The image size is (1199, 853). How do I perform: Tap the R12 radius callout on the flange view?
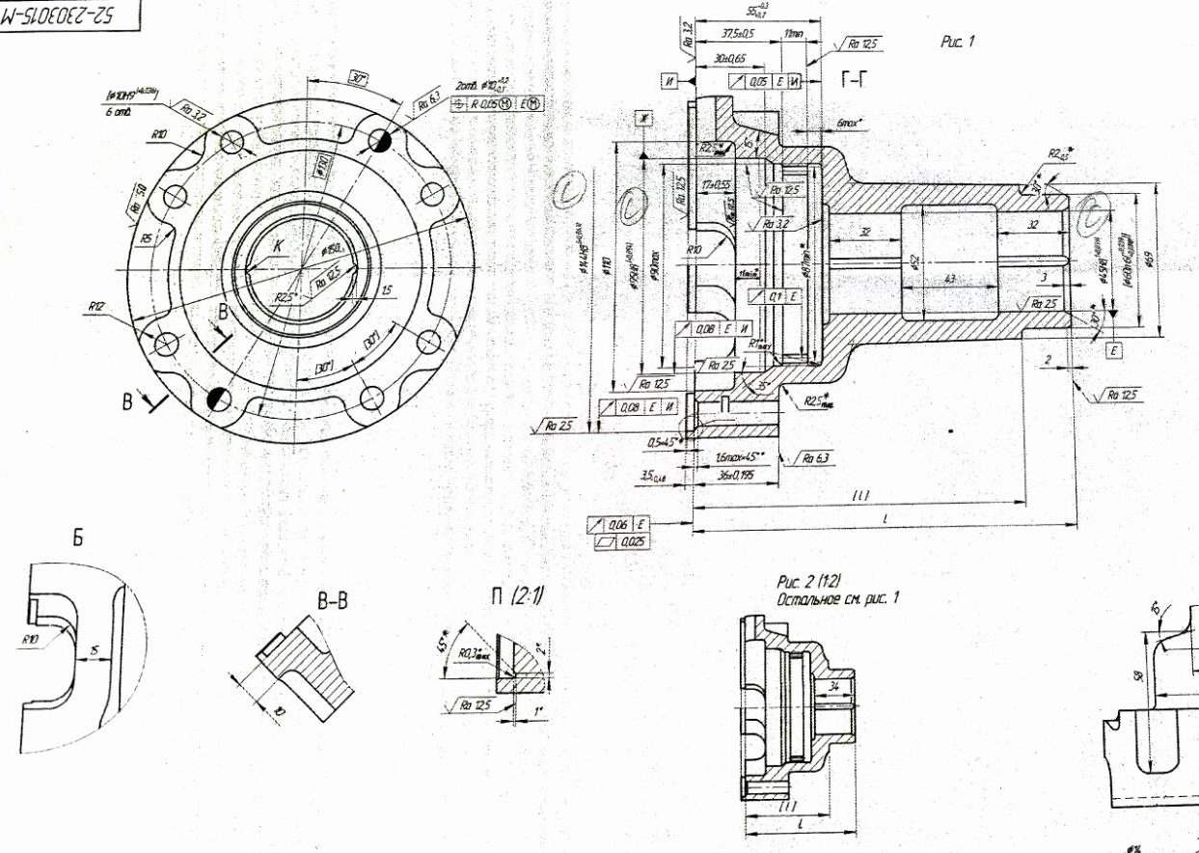click(x=96, y=307)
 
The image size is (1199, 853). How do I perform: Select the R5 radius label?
click(x=146, y=238)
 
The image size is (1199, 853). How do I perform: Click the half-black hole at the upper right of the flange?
click(x=379, y=141)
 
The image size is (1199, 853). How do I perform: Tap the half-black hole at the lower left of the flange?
click(x=219, y=398)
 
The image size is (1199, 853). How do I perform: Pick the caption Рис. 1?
click(x=958, y=42)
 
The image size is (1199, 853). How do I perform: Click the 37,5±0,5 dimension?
click(x=738, y=33)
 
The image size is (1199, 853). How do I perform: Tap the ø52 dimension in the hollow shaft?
click(x=912, y=261)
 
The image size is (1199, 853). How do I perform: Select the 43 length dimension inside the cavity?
click(x=950, y=279)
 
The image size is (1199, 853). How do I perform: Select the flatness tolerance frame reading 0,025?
click(x=633, y=542)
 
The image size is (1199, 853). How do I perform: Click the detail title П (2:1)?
click(x=517, y=597)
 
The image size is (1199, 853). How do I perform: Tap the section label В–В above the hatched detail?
click(x=333, y=601)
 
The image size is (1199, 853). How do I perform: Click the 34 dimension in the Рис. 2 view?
click(x=834, y=686)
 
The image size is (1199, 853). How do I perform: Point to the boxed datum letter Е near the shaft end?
click(x=1114, y=351)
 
